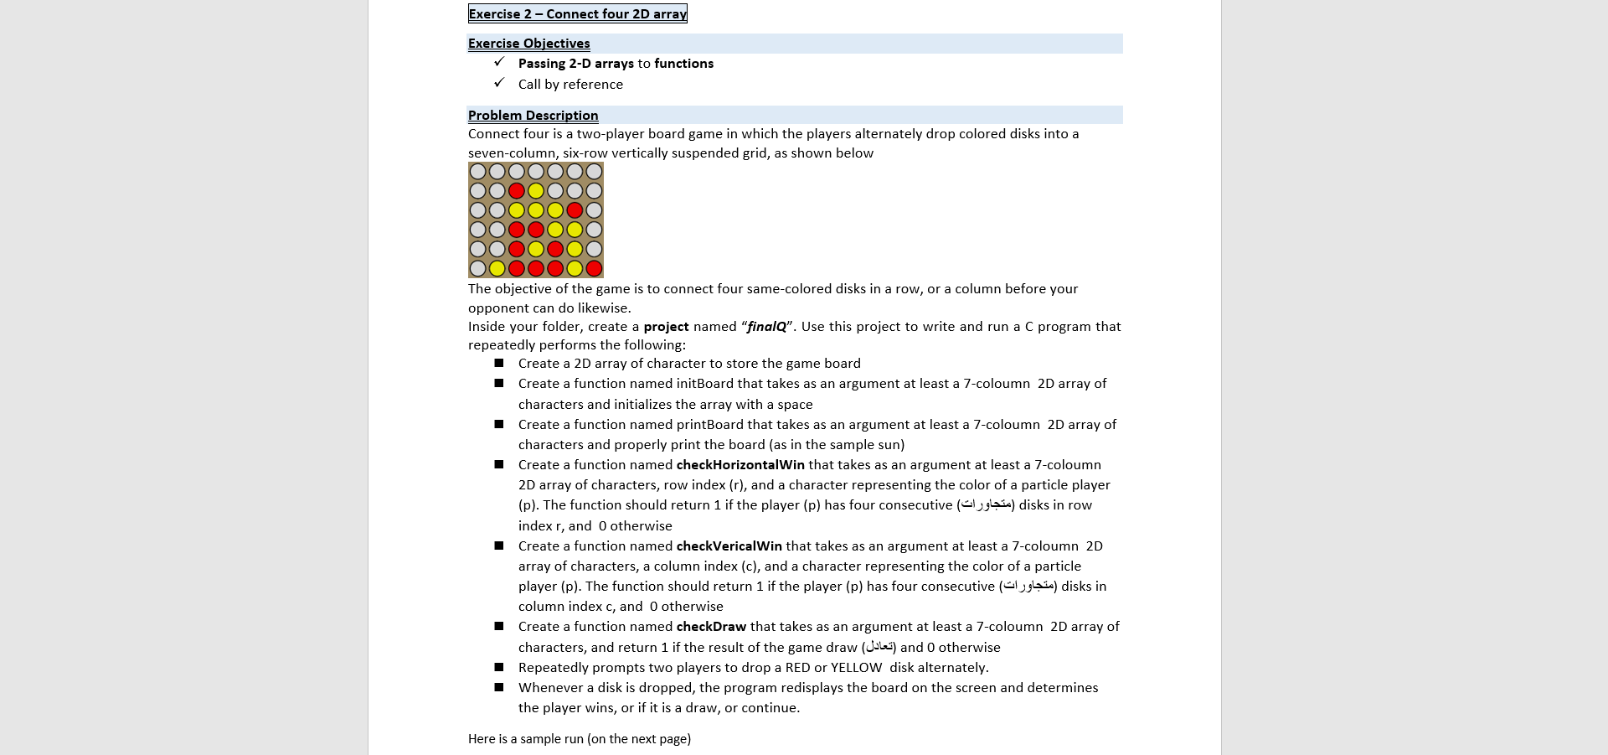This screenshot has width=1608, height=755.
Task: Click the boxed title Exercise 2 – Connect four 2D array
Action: point(577,13)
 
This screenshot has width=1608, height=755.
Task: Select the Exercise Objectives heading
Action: point(528,44)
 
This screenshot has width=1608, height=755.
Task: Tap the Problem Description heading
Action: point(533,116)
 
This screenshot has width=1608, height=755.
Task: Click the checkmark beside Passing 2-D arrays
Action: point(499,63)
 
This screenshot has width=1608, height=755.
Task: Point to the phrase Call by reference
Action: point(570,85)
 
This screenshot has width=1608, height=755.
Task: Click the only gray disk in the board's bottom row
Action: point(477,268)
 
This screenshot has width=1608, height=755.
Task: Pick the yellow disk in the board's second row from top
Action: point(536,191)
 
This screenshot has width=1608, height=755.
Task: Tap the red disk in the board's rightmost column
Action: point(594,268)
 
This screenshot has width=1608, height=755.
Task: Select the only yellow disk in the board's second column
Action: point(497,268)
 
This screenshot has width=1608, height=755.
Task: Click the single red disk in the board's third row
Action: point(575,210)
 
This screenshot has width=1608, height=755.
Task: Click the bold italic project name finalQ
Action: point(766,327)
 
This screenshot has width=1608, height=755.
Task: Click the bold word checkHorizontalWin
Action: point(740,465)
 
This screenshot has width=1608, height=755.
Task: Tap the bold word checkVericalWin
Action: point(729,546)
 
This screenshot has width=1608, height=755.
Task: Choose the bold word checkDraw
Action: point(710,627)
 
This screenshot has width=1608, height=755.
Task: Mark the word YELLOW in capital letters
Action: point(856,668)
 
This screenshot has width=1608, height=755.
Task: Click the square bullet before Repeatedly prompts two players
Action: point(499,668)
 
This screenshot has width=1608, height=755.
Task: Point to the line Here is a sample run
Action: point(579,739)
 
